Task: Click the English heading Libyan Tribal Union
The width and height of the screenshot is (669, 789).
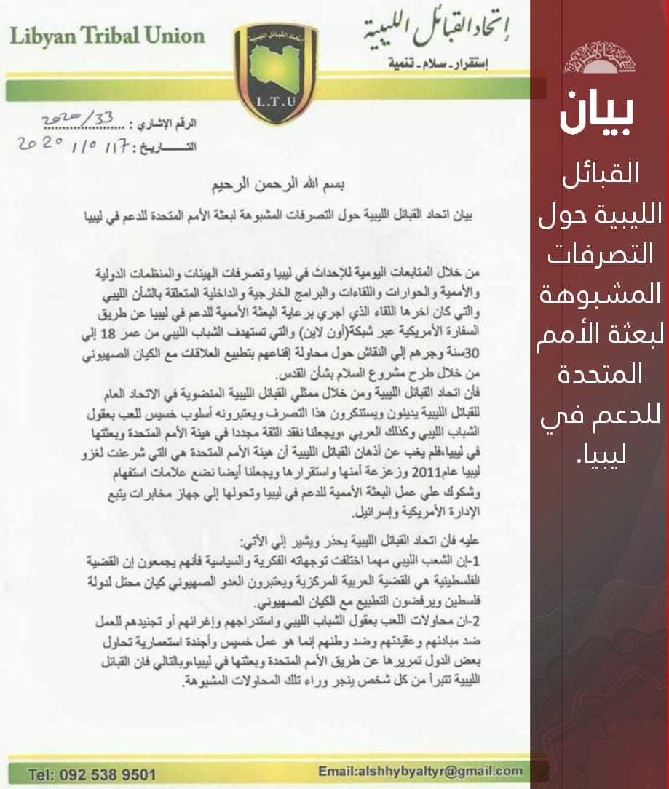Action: coord(106,36)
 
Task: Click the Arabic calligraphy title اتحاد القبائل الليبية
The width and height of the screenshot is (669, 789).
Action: coord(435,33)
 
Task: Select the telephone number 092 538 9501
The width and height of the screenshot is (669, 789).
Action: coord(102,773)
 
